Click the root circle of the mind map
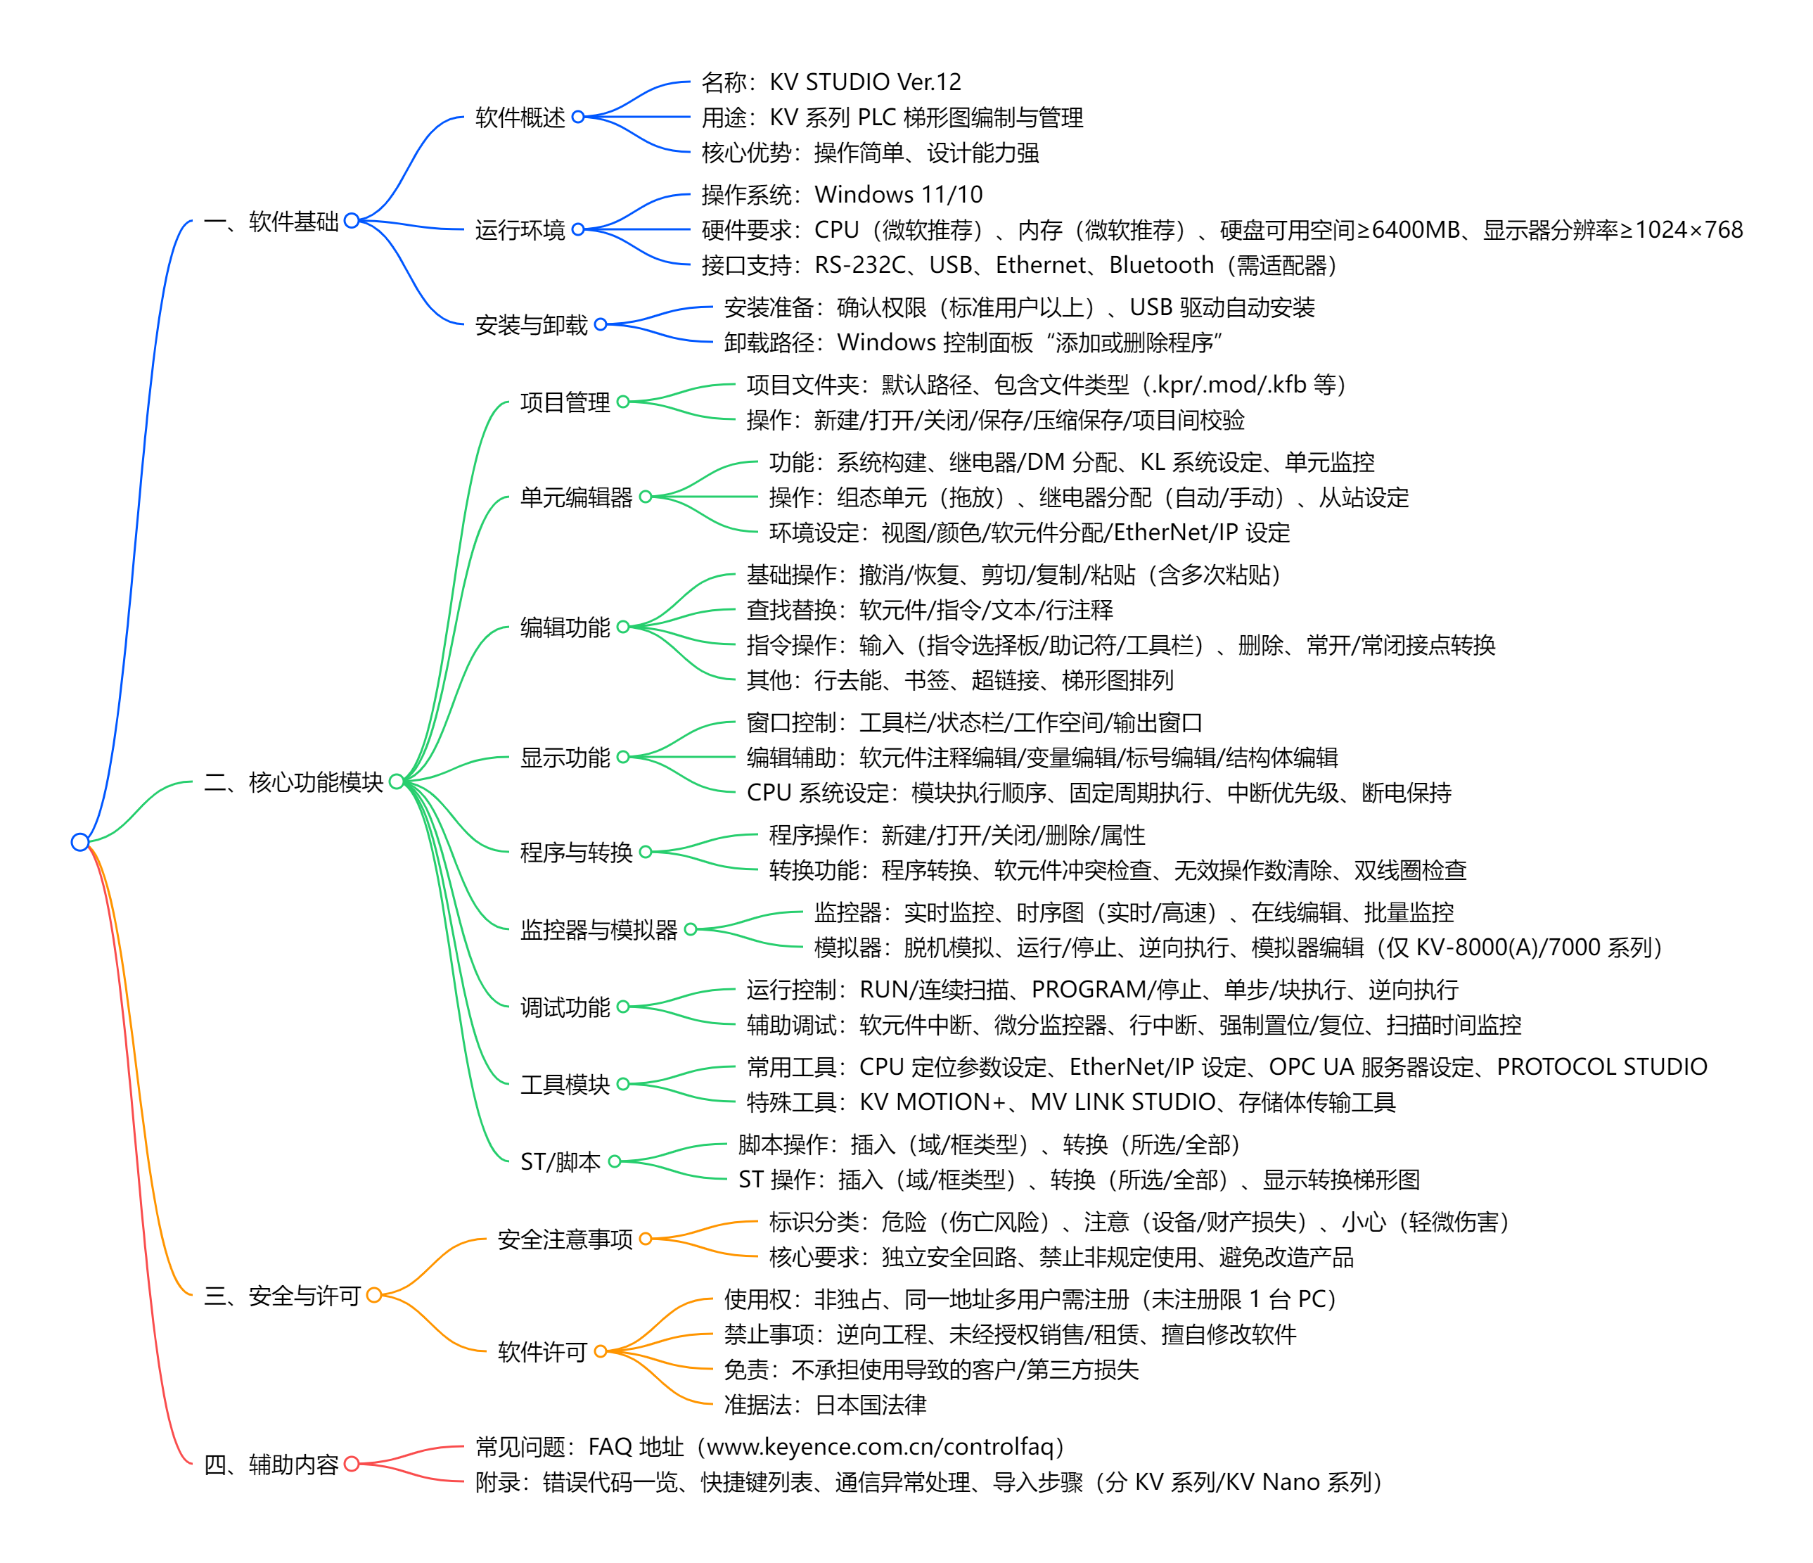coord(79,842)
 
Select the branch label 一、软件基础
coord(271,222)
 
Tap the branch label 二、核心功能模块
coord(294,781)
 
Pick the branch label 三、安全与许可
coord(283,1295)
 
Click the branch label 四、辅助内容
coord(271,1464)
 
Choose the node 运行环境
coord(520,230)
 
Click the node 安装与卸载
coord(531,325)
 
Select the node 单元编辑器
coord(576,497)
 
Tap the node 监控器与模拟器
coord(598,929)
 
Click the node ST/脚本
coord(560,1161)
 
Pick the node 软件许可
coord(542,1351)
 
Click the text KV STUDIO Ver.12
coord(866,82)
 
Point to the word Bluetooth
coord(1161,265)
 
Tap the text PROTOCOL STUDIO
coord(1601,1067)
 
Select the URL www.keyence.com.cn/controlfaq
coord(885,1447)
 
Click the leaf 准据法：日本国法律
coord(825,1405)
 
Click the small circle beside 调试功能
coord(623,1007)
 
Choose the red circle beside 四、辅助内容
coord(352,1464)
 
